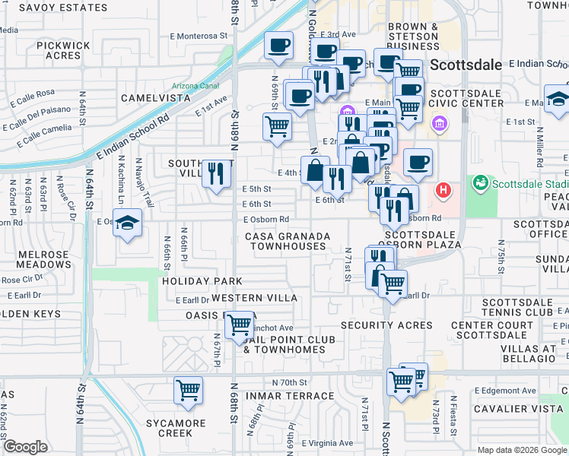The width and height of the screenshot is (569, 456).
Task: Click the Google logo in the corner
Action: coord(25,447)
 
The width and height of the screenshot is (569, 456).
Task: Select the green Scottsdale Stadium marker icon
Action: coord(480,183)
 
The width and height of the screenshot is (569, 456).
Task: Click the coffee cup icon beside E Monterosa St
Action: coord(278,44)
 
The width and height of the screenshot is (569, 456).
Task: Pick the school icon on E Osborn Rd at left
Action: coord(128,223)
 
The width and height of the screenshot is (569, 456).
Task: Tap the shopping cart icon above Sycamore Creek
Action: coord(188,391)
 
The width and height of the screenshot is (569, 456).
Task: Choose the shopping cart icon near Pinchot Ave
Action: coord(240,325)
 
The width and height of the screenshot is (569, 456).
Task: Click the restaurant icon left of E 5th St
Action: coord(217,173)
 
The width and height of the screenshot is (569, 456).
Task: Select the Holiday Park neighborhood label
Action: coord(191,281)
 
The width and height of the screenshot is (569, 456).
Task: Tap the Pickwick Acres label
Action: coord(63,50)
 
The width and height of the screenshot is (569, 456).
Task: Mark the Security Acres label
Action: coord(386,325)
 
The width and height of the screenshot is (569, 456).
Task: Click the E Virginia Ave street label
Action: coord(328,443)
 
